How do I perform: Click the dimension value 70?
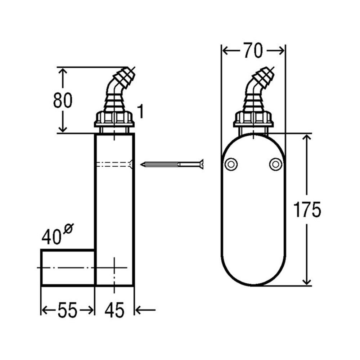coord(253,51)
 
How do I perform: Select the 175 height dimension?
coord(307,210)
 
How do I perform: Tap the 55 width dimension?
coord(67,310)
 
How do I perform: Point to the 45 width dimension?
coord(114,310)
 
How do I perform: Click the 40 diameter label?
coord(51,237)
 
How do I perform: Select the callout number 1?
coord(140,112)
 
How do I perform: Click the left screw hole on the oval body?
coord(230,164)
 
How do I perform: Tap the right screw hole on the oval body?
coord(275,164)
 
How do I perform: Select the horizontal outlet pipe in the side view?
coord(68,267)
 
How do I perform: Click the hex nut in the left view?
coord(114,118)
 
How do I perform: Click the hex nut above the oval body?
coord(253,118)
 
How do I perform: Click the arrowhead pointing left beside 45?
coord(139,309)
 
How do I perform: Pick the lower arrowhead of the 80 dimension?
coord(63,129)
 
